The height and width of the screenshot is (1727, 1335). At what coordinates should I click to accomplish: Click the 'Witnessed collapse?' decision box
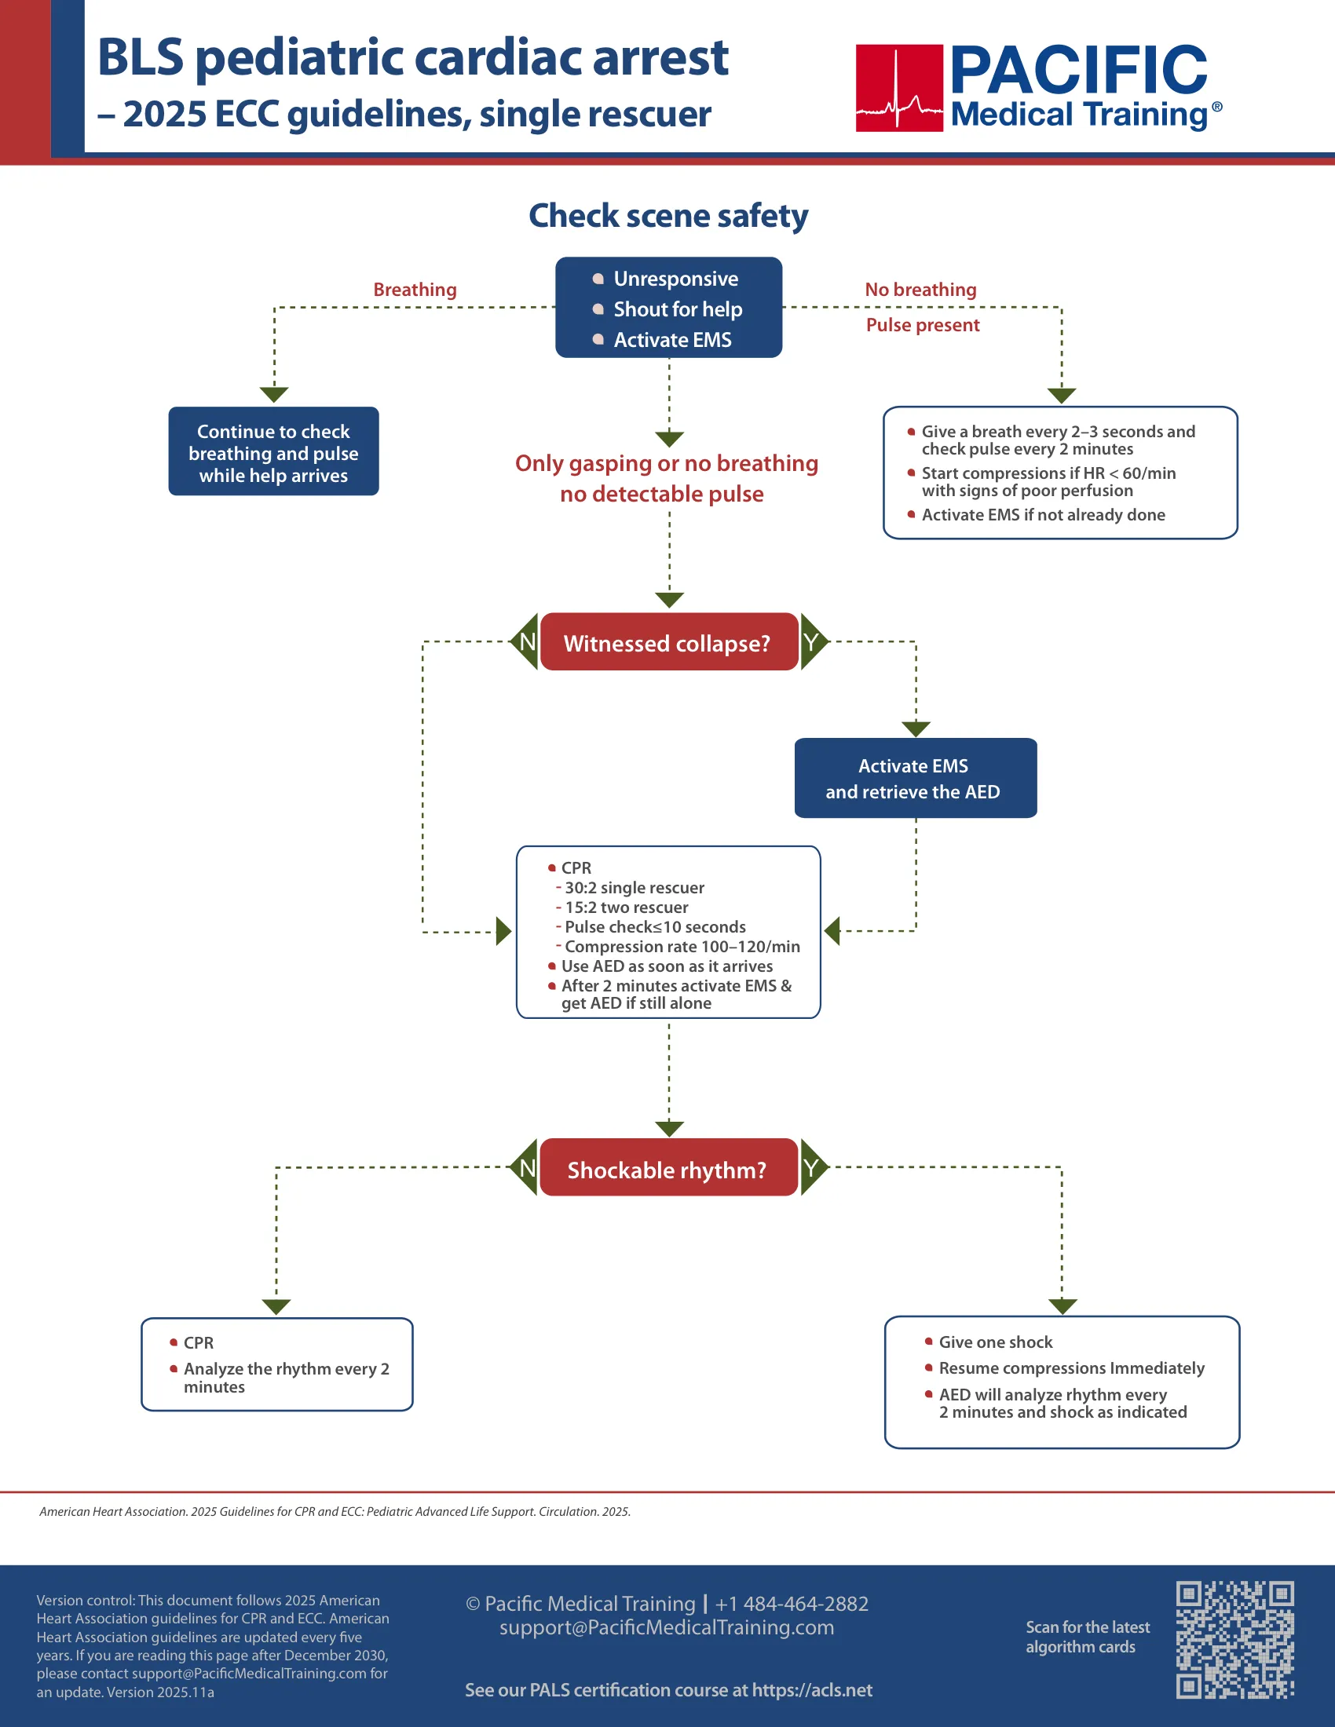coord(668,642)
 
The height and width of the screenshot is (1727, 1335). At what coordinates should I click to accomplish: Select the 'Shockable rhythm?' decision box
coord(668,1168)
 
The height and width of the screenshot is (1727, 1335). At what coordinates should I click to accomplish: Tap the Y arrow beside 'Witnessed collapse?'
coord(814,641)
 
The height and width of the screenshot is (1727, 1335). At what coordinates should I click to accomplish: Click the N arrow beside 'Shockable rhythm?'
coord(524,1167)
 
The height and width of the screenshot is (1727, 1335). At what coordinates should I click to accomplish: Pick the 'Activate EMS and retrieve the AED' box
coord(915,778)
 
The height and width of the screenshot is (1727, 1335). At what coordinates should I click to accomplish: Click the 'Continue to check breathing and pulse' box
coord(273,451)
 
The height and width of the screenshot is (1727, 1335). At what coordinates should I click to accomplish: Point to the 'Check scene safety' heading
coord(668,216)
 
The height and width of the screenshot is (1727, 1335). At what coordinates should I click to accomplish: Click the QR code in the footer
coord(1234,1639)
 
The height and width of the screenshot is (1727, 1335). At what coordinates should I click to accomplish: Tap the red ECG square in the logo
coord(899,88)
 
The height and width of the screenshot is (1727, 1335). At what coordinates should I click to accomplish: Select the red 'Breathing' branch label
coord(415,290)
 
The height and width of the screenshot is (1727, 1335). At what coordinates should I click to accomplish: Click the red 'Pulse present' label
coord(923,325)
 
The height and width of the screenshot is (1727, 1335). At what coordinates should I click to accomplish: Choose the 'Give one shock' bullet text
coord(996,1342)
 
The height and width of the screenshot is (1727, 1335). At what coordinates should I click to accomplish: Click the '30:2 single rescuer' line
coord(635,888)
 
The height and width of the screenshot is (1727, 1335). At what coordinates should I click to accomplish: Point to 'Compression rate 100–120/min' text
coord(682,947)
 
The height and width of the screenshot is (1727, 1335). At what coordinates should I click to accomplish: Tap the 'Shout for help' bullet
coord(678,309)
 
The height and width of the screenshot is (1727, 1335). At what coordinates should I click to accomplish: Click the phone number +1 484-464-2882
coord(792,1604)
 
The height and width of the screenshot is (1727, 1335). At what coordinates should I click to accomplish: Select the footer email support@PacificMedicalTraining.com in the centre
coord(667,1627)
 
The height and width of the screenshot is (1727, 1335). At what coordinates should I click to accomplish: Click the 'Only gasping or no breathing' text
coord(667,463)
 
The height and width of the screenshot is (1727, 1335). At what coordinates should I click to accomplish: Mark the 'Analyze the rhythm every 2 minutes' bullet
coord(287,1378)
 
